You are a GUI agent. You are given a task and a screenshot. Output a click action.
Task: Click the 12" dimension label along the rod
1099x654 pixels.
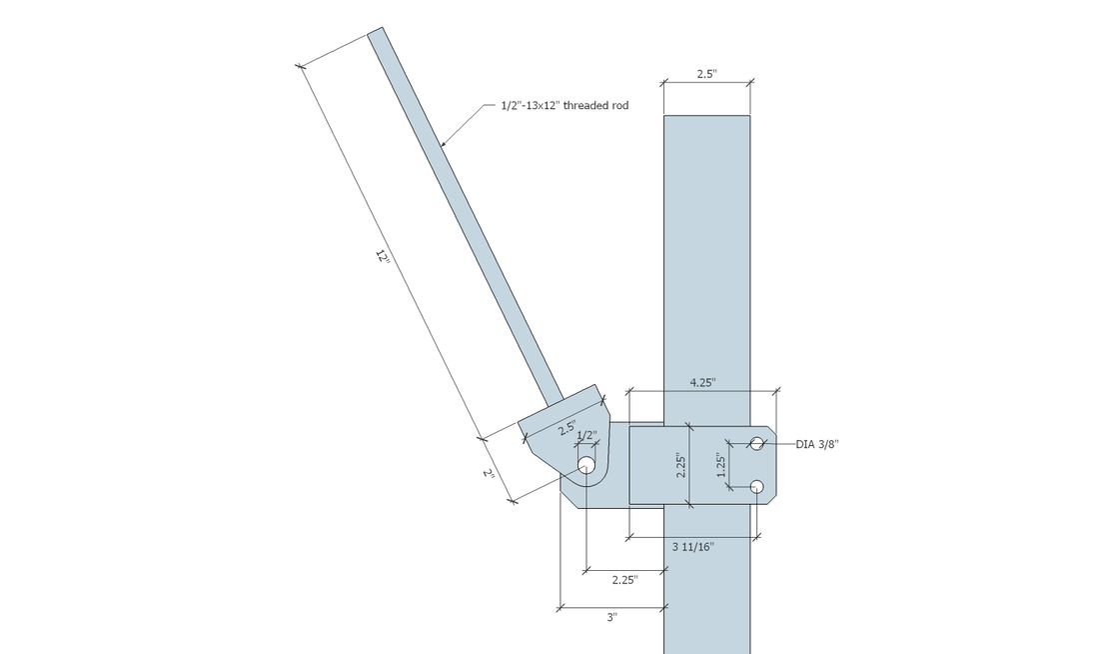coord(382,256)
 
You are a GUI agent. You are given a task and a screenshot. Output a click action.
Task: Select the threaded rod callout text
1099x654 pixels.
coord(564,105)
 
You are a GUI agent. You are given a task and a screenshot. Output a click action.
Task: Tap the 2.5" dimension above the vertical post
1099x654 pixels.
coord(706,74)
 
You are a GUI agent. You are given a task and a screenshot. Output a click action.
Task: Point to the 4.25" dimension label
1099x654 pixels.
coord(702,382)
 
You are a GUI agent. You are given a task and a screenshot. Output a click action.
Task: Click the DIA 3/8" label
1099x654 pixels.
coord(817,444)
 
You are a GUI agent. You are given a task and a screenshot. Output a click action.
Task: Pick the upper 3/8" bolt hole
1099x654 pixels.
coord(757,443)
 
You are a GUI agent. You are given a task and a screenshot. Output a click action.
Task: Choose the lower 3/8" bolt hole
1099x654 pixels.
coord(757,486)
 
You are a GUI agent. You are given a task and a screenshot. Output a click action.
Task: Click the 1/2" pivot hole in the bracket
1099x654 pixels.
coord(585,465)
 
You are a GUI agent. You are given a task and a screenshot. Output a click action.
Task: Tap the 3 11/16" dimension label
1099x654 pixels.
coord(693,547)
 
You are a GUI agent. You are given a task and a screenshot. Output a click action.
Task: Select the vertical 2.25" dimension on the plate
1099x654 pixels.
coord(680,465)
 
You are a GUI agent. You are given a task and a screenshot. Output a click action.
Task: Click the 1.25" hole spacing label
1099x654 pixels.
coord(721,465)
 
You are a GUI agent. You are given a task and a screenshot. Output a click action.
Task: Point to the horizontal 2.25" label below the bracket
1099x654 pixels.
coord(624,580)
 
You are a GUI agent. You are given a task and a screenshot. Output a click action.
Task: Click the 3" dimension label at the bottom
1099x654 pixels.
coord(611,618)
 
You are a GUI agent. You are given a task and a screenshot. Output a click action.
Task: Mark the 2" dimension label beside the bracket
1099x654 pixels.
coord(490,474)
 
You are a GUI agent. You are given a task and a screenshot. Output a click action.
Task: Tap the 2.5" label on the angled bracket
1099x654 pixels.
coord(567,428)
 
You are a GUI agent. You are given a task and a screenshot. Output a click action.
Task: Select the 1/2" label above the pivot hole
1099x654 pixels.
coord(585,435)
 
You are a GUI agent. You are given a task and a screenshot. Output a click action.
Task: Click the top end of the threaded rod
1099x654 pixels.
coord(375,31)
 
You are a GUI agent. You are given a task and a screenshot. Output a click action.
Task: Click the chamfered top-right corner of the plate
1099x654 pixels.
coord(772,430)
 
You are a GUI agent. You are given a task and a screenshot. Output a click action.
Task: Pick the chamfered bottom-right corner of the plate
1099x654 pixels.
coord(772,500)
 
